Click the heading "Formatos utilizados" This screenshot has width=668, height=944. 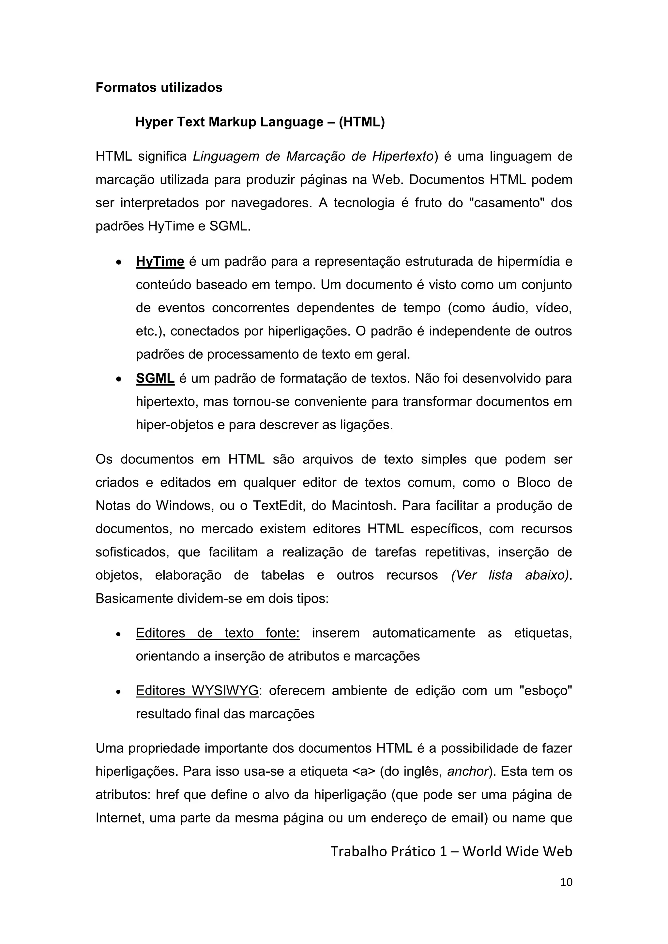[159, 88]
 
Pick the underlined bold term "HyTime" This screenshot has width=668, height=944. [160, 261]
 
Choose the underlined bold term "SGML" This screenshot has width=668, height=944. [155, 378]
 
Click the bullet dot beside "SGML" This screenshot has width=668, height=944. [118, 379]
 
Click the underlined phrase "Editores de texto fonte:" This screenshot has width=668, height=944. [218, 633]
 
